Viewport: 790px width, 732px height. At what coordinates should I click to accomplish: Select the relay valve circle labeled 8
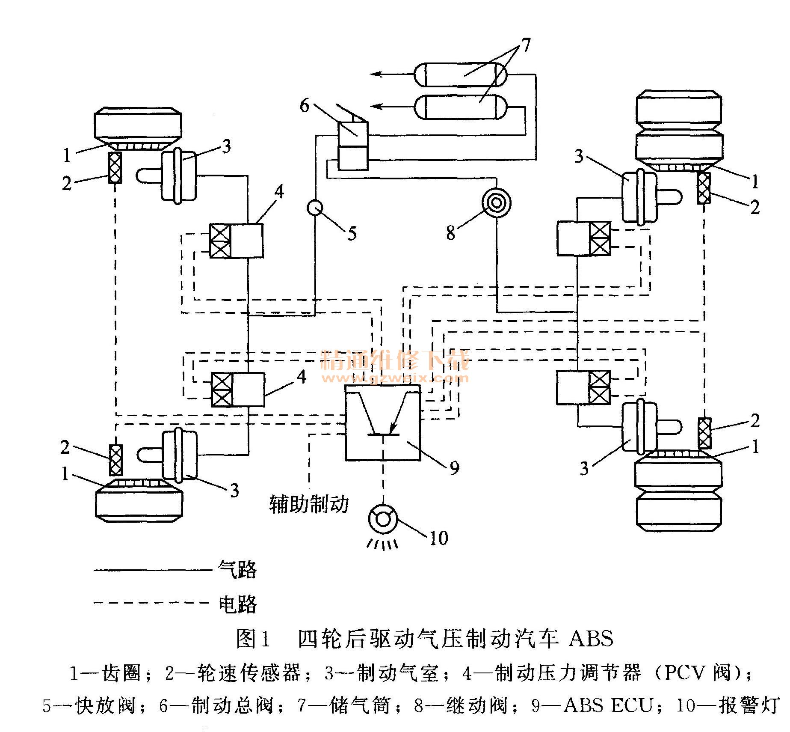pyautogui.click(x=496, y=202)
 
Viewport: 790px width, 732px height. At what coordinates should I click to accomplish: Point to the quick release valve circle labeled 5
pyautogui.click(x=315, y=208)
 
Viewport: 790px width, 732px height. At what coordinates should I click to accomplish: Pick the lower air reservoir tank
pyautogui.click(x=461, y=107)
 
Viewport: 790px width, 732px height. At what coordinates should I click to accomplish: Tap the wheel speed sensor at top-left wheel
pyautogui.click(x=115, y=167)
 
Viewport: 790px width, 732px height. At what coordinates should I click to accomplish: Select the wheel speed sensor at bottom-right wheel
pyautogui.click(x=704, y=433)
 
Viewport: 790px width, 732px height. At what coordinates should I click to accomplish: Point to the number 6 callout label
pyautogui.click(x=304, y=106)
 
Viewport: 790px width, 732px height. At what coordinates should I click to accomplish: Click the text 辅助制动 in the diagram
pyautogui.click(x=308, y=504)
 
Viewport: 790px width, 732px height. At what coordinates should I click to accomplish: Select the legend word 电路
pyautogui.click(x=237, y=604)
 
